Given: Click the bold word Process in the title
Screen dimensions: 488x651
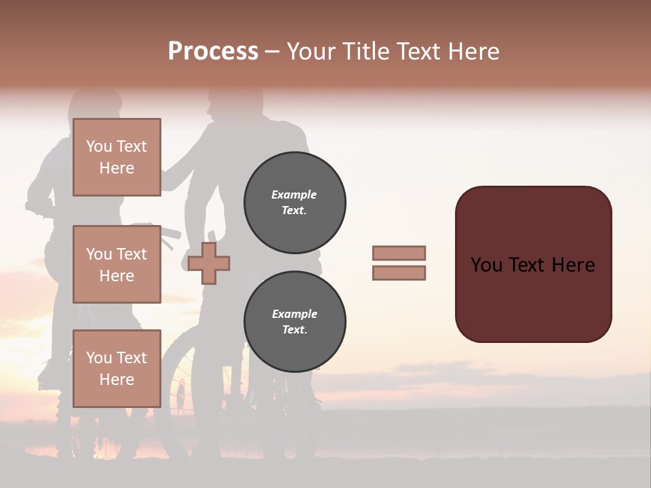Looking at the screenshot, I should [x=213, y=52].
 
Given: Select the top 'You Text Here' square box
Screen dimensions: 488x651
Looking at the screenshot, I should [x=117, y=157].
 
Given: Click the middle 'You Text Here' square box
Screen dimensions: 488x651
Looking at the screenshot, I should [x=117, y=264].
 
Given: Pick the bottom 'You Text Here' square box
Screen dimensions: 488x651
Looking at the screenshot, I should [x=117, y=368].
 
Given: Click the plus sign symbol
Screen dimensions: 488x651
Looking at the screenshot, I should [x=209, y=263].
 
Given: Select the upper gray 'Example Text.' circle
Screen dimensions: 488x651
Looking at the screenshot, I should [x=294, y=203].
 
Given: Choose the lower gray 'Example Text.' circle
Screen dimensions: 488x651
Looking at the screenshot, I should [x=294, y=322].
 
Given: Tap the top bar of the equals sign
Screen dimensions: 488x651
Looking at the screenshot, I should [x=399, y=253].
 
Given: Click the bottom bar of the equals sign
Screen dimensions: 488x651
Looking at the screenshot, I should [x=399, y=273].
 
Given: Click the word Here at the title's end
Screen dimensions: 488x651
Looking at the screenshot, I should [x=473, y=52].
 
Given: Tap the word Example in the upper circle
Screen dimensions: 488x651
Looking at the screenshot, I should [x=294, y=195].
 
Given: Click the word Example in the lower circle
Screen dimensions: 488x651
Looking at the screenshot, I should [x=294, y=314].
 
